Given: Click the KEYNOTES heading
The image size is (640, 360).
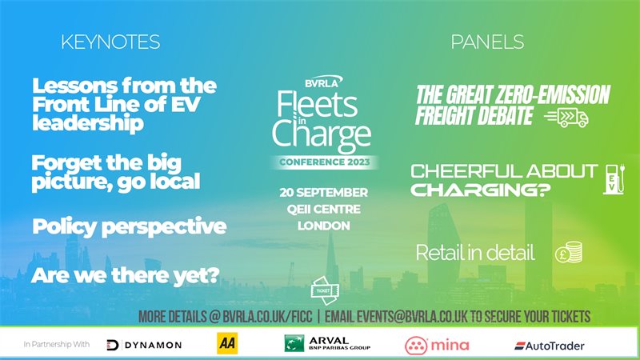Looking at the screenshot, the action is (110, 42).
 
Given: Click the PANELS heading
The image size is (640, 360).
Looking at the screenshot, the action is (487, 42).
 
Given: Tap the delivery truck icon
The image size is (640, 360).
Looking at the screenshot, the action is (567, 118).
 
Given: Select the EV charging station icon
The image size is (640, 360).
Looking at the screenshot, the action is (614, 179).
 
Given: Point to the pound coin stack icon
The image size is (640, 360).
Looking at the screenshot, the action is (569, 252).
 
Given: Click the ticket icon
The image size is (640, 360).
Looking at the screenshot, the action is (325, 290).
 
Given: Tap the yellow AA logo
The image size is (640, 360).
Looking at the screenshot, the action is (227, 343).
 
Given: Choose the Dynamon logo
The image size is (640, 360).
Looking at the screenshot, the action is (144, 345).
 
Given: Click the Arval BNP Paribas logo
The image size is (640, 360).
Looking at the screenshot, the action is (327, 343).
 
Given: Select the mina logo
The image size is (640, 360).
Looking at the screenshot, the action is (437, 346).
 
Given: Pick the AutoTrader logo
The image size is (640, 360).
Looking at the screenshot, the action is (550, 346).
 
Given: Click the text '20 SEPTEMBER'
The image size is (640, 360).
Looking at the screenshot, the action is (324, 192).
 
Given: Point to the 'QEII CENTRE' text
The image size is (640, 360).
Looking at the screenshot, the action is (324, 209).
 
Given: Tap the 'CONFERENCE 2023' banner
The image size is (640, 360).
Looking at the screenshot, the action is (325, 162).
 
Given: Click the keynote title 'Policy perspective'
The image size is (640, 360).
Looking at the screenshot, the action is (130, 227).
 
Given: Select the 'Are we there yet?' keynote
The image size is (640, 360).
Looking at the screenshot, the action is (126, 275).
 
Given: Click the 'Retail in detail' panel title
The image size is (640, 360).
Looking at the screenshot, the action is (475, 253).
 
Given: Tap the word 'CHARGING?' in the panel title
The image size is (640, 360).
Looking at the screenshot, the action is (481, 190).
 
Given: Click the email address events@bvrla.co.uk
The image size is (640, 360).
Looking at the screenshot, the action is (412, 317).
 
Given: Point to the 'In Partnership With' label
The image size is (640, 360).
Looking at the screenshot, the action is (56, 345).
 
